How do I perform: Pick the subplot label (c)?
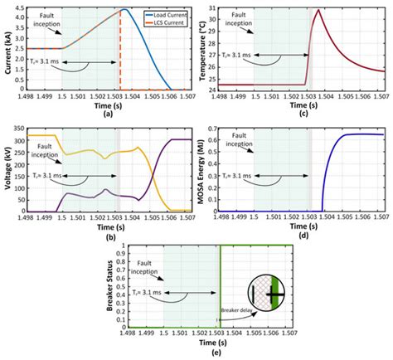pos(313,113)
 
